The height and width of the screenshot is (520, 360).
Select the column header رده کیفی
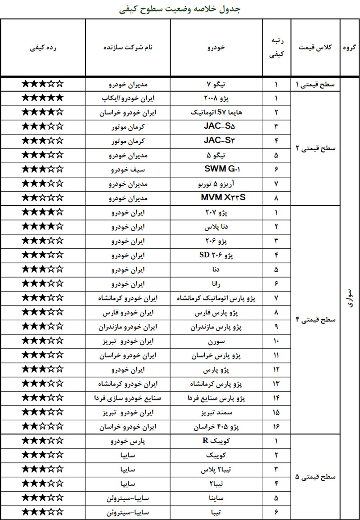43,47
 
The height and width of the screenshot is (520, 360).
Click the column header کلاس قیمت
315,47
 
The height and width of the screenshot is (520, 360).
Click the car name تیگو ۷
216,84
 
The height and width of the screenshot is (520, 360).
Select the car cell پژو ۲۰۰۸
216,98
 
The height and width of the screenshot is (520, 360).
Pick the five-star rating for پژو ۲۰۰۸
43,98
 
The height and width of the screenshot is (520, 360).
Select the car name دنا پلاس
216,227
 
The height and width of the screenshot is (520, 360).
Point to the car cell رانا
216,284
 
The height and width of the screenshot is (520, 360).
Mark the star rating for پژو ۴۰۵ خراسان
43,426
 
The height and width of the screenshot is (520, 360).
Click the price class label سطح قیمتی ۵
315,477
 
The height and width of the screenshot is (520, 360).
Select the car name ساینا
216,498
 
